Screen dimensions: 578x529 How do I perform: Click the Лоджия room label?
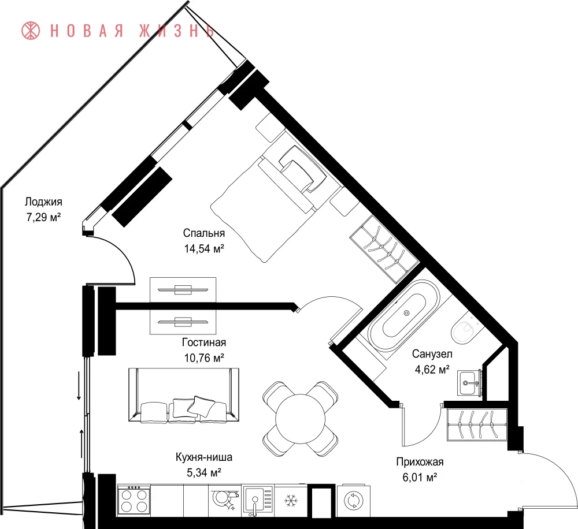point(43,202)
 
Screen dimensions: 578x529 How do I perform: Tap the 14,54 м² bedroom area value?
point(204,249)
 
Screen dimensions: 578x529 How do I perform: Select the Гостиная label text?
point(204,342)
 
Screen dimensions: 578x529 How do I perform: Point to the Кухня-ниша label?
point(204,457)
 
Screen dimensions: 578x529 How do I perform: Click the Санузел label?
point(432,354)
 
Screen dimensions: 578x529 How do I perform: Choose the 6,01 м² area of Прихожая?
point(420,478)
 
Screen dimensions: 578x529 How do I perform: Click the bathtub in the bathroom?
point(405,314)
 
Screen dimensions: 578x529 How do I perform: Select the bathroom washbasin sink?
point(469,383)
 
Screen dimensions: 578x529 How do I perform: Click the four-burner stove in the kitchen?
point(134,501)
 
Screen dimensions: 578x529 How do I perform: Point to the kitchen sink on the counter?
point(257,501)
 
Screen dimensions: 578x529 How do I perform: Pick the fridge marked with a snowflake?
point(290,501)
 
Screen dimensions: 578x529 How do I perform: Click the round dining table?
point(301,419)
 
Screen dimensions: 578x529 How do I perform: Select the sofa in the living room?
point(184,395)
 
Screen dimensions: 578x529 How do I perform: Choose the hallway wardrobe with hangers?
point(477,424)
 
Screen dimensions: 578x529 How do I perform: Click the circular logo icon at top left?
point(31,31)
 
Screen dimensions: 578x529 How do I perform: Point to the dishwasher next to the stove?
point(225,501)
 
